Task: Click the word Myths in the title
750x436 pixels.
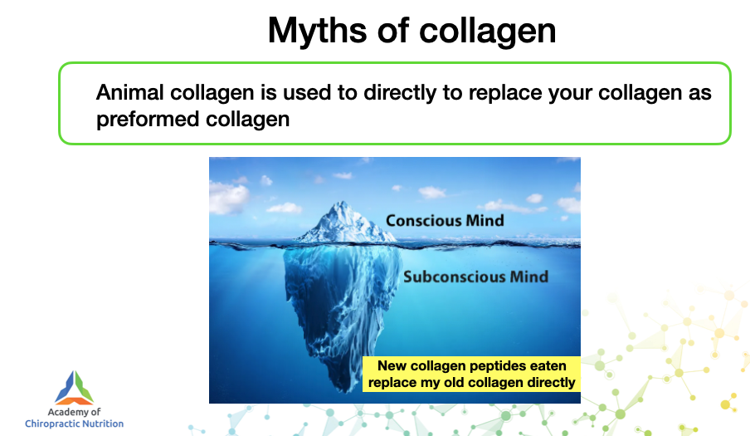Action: click(317, 32)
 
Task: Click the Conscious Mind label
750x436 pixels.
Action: click(445, 221)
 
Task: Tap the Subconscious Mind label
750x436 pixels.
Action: click(476, 277)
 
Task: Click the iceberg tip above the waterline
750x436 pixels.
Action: click(344, 222)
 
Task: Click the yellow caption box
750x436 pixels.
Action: click(471, 374)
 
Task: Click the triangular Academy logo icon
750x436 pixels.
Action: click(74, 388)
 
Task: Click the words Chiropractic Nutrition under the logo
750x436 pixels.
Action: click(74, 424)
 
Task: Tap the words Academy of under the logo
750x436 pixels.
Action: click(74, 412)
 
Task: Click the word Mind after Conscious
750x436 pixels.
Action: click(485, 221)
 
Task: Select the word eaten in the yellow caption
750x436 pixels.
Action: click(549, 366)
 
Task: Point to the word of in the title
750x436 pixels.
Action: click(393, 32)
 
